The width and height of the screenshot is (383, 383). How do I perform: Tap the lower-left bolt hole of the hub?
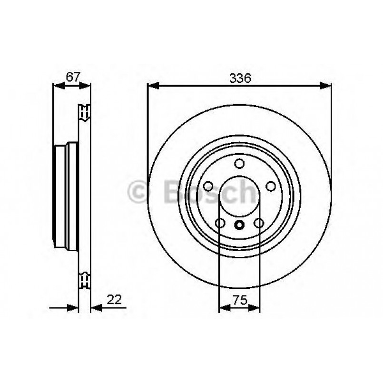220,223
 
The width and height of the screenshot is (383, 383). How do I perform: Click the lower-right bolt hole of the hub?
259,223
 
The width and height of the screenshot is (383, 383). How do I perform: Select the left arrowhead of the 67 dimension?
57,86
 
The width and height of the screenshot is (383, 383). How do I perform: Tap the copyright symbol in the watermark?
139,191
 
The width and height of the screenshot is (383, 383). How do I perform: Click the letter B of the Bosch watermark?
173,191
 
